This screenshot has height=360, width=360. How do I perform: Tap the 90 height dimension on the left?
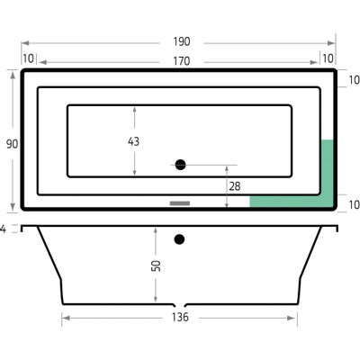point(11,143)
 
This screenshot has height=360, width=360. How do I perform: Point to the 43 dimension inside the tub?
point(135,141)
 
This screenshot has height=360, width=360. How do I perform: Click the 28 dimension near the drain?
point(235,186)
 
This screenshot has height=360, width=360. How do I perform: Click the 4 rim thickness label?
point(4,229)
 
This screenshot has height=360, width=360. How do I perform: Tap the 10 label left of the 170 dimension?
point(29,59)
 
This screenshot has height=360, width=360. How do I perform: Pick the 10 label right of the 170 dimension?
point(328,59)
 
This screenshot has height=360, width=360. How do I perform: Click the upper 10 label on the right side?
point(353,79)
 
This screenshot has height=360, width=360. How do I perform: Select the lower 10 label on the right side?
point(353,204)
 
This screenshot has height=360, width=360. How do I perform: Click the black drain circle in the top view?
point(180,165)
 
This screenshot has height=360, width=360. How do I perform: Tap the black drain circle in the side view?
point(180,239)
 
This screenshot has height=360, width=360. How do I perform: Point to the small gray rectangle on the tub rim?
point(181,203)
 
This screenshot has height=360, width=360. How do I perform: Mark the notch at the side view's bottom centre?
point(180,304)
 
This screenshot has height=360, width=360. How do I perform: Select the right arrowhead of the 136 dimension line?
point(296,318)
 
